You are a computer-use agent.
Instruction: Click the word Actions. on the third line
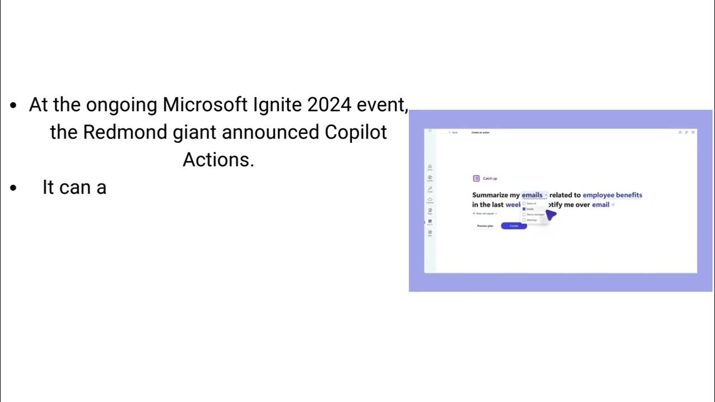tap(218, 160)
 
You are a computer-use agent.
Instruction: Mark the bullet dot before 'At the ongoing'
tap(14, 106)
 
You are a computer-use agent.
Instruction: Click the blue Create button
tap(514, 226)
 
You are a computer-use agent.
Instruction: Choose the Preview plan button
tap(485, 226)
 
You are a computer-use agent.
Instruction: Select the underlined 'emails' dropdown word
tap(532, 195)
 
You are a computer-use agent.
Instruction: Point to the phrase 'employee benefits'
tap(612, 195)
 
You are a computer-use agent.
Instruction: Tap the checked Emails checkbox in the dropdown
tap(524, 209)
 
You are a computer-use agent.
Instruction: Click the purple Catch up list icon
tap(476, 179)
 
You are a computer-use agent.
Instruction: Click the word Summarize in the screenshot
tap(490, 195)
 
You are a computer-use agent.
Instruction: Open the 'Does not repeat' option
tap(485, 213)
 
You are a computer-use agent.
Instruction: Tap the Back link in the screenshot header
tap(454, 132)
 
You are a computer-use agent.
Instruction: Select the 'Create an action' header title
tap(480, 132)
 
